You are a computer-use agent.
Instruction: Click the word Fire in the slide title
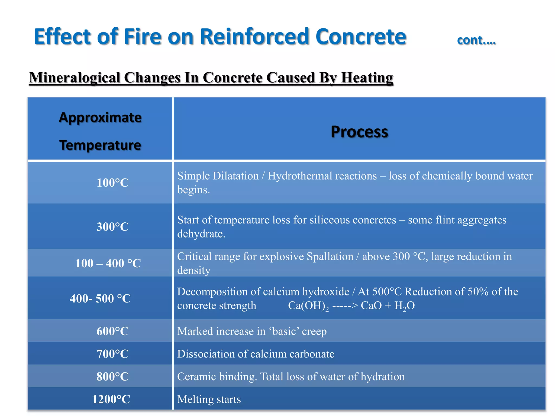[x=143, y=37]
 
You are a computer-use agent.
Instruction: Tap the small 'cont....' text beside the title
[x=476, y=40]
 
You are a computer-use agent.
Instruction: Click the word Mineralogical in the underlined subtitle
[x=75, y=78]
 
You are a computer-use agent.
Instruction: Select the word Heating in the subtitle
[x=367, y=78]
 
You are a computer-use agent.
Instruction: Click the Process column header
[x=359, y=132]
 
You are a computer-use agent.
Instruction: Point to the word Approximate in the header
[x=100, y=118]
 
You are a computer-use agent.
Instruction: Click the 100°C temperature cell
[x=112, y=183]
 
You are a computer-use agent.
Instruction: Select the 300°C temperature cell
[x=112, y=227]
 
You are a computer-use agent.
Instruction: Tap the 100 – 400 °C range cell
[x=108, y=263]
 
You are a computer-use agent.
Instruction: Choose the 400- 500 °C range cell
[x=100, y=298]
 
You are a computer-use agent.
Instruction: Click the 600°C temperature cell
[x=112, y=331]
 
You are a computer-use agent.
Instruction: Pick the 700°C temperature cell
[x=112, y=354]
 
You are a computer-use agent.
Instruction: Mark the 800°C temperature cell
[x=112, y=376]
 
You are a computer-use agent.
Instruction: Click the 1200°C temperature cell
[x=111, y=399]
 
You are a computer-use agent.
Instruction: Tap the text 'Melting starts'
[x=209, y=399]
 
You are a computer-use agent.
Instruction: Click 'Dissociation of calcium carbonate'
[x=256, y=354]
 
